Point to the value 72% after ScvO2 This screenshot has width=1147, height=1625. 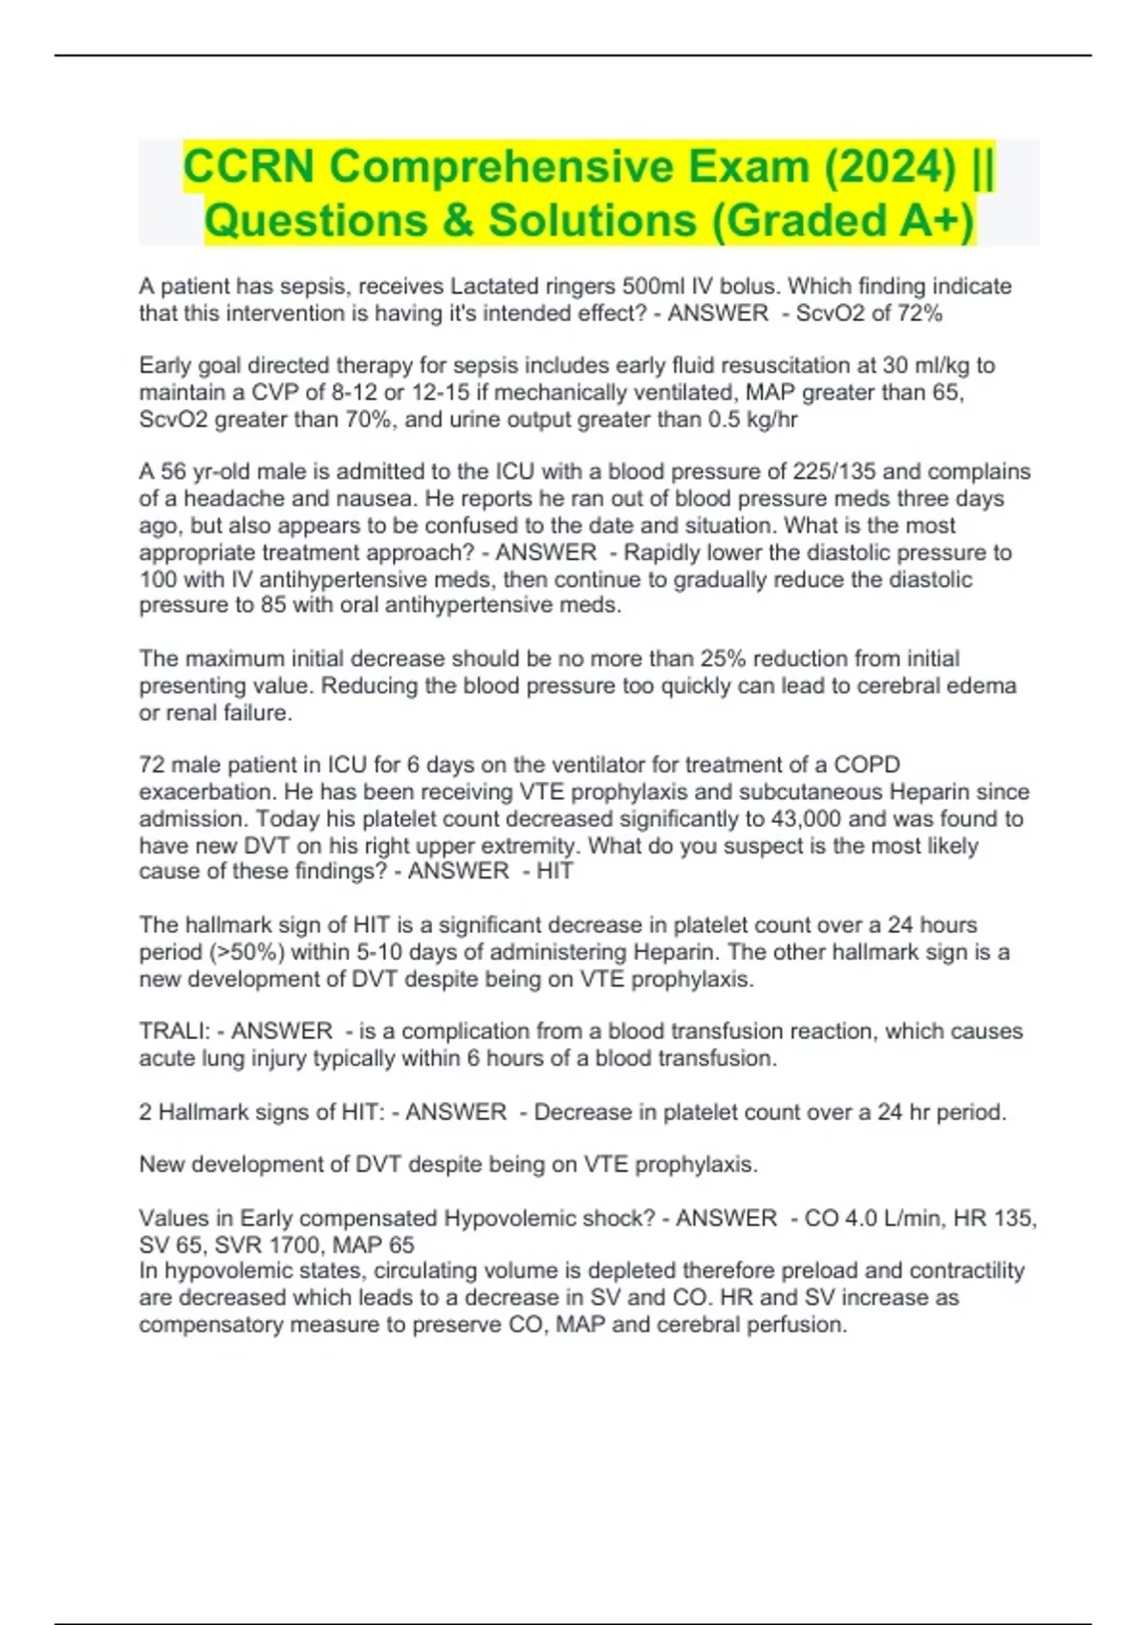(920, 314)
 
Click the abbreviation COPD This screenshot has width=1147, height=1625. (867, 765)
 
